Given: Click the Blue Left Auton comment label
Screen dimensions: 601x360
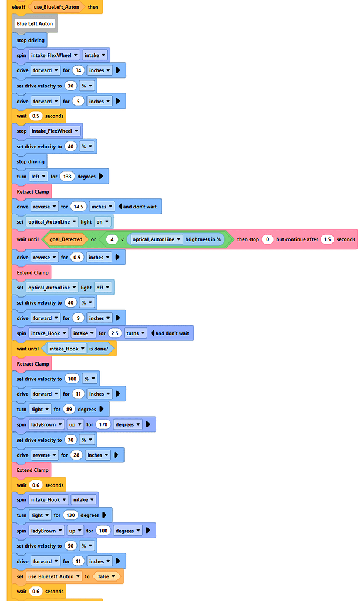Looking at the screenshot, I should [35, 24].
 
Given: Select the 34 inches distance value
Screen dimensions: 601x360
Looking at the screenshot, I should [77, 70].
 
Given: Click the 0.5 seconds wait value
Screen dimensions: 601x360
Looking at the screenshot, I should [35, 116].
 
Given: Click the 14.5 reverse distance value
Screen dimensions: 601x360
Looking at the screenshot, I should [78, 207].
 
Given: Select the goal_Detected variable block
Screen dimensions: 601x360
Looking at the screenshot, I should [64, 239].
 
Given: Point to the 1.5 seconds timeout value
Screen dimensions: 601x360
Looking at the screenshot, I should [327, 239].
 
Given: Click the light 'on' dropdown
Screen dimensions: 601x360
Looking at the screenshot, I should [102, 222].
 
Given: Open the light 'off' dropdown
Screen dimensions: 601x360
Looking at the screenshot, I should [103, 288].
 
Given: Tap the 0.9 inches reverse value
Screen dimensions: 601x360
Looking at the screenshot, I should [77, 258].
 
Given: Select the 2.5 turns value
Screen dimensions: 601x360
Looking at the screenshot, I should [115, 333].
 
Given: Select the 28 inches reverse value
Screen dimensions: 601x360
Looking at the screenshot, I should [76, 455].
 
